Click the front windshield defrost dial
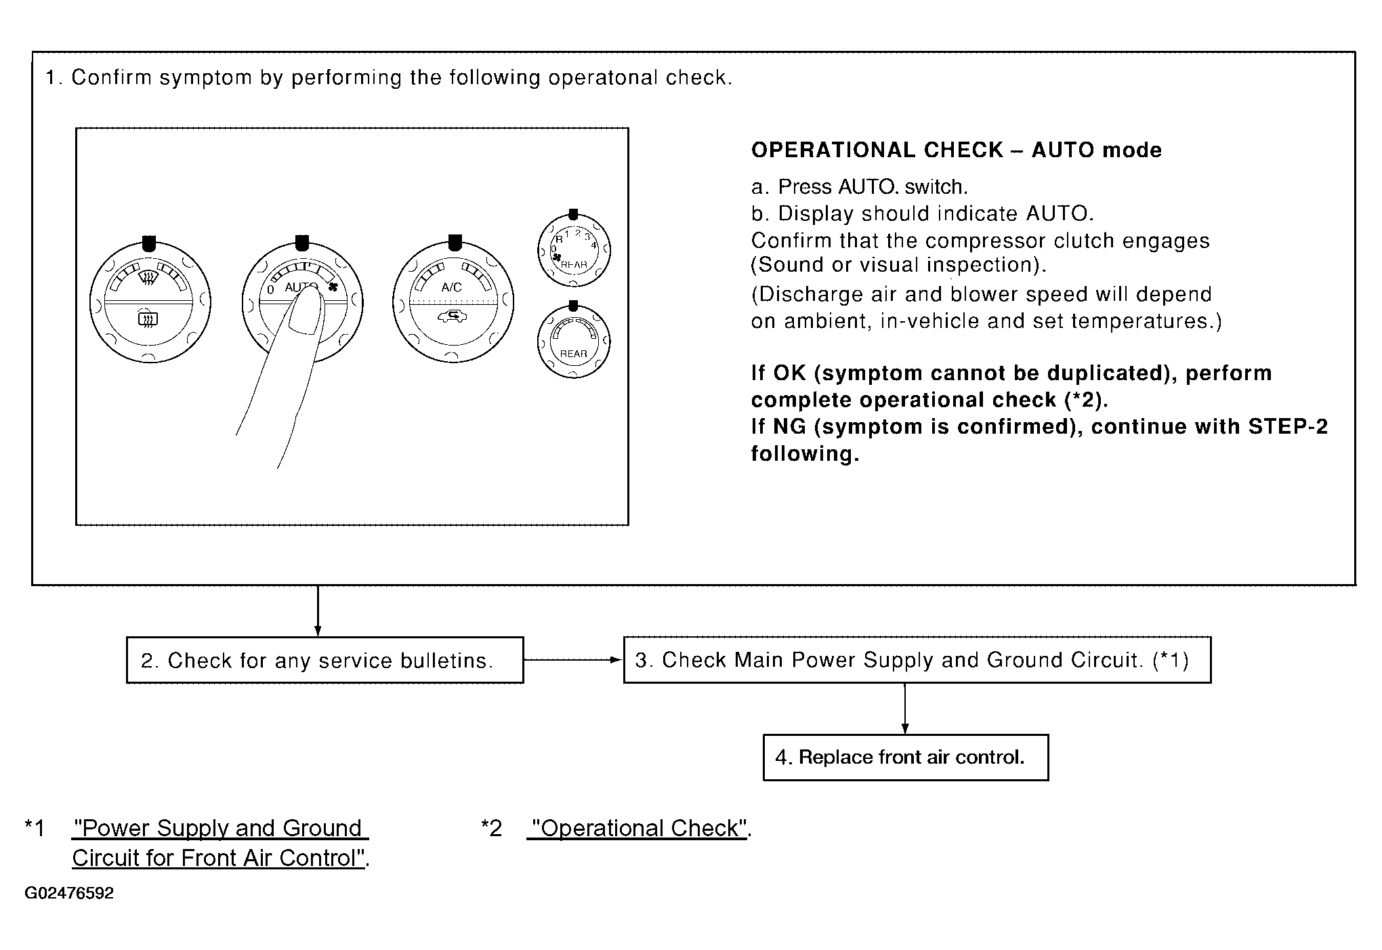(150, 302)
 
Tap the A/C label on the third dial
(451, 287)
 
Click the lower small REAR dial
(574, 341)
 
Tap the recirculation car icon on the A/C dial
(451, 316)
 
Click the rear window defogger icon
(148, 318)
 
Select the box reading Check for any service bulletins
(325, 660)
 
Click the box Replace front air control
(906, 758)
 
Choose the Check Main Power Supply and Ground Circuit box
(917, 660)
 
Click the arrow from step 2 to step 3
(573, 660)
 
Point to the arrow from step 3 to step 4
(905, 709)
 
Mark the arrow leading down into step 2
(318, 611)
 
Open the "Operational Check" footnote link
(640, 829)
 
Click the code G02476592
(69, 893)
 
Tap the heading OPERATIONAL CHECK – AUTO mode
(957, 150)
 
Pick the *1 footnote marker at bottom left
(35, 828)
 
